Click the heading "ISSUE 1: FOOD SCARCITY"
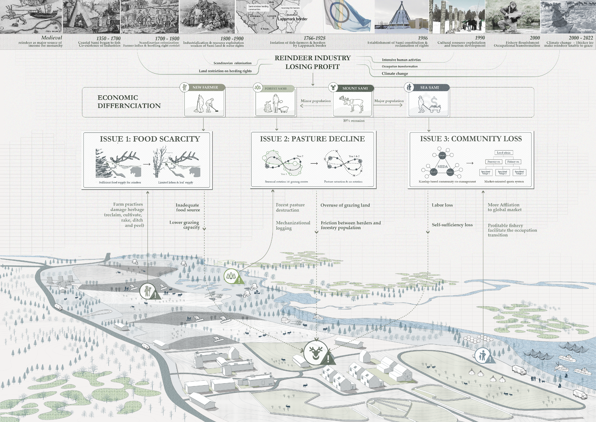(x=150, y=139)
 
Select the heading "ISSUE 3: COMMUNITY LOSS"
(x=471, y=139)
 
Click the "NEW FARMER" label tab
(x=205, y=87)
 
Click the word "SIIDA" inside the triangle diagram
(x=442, y=166)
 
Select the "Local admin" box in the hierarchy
(x=504, y=153)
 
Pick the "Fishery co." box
(x=513, y=162)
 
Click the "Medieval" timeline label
(x=51, y=38)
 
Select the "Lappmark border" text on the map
(x=293, y=19)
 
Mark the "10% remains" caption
(x=354, y=121)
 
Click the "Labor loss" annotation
(x=442, y=205)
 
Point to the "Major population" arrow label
(x=389, y=101)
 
